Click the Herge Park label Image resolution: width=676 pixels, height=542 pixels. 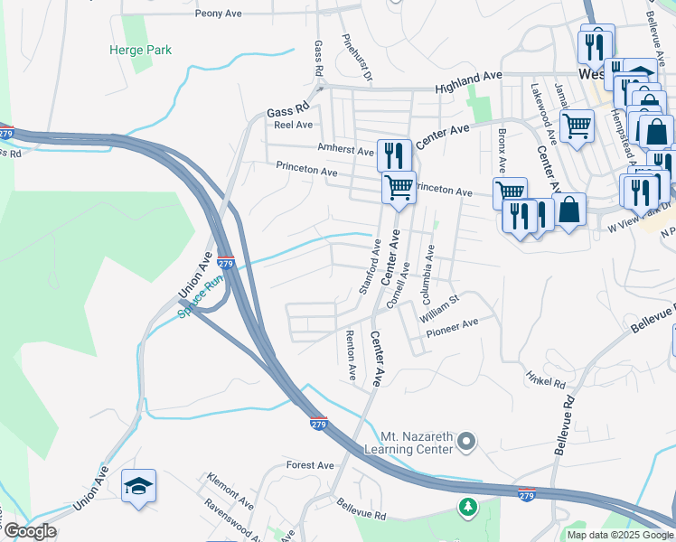140,51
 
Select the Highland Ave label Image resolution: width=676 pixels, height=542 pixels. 468,84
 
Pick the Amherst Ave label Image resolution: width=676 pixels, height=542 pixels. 344,151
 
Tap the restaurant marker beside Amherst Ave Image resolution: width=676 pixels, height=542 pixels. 394,154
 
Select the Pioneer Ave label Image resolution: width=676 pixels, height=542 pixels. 452,326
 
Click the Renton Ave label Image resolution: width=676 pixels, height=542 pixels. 352,355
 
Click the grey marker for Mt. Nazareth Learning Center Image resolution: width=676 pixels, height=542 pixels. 465,441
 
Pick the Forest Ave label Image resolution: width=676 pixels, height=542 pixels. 310,465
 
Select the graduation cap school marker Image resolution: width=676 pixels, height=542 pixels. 139,487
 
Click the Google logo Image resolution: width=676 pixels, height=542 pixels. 31,531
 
